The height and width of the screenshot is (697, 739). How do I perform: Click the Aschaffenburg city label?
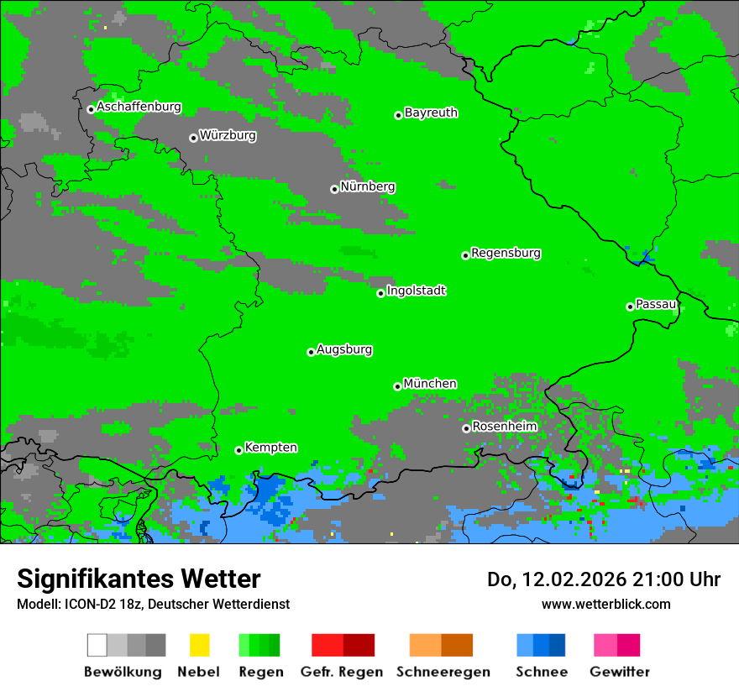[139, 107]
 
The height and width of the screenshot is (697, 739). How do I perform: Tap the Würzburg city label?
[228, 136]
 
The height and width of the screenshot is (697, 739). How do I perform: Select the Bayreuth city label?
[431, 113]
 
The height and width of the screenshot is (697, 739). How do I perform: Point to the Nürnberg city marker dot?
[334, 189]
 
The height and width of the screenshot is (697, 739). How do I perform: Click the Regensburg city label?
[506, 253]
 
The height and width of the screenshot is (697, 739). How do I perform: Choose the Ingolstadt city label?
[416, 291]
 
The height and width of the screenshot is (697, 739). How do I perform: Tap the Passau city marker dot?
[630, 307]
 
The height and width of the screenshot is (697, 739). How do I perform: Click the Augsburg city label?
[344, 350]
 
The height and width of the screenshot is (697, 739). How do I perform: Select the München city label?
[430, 384]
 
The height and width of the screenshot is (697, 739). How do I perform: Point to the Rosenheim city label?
[504, 427]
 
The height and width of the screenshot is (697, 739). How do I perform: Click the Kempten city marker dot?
[238, 450]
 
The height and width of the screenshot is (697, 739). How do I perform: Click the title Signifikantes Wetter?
[139, 579]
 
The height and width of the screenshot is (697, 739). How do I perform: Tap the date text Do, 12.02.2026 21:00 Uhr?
[604, 579]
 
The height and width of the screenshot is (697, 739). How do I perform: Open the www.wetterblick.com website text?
[605, 604]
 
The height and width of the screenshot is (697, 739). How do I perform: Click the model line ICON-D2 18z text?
[153, 604]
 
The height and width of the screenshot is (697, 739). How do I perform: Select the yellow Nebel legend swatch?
[199, 645]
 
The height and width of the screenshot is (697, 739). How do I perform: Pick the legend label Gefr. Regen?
[342, 672]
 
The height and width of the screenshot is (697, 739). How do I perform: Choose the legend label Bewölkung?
[123, 672]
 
